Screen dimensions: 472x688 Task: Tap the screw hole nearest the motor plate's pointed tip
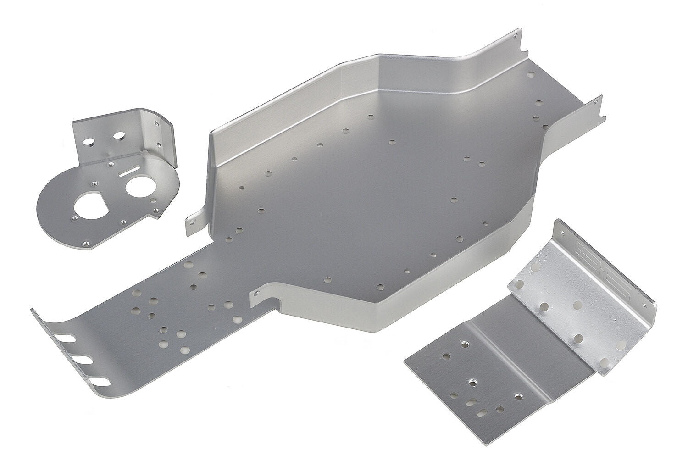coord(85,243)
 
